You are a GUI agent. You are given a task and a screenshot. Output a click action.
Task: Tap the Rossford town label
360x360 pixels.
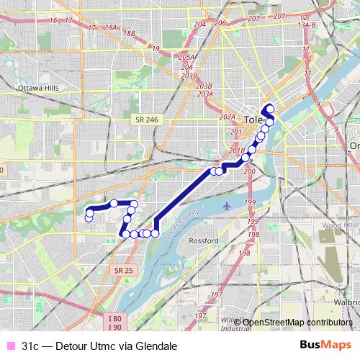point(203,240)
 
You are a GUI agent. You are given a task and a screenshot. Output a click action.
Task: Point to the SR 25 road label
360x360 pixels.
point(123,269)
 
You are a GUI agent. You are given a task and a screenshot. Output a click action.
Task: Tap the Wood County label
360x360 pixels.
point(340,225)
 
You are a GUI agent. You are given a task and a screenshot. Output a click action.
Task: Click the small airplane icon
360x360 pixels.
point(228,206)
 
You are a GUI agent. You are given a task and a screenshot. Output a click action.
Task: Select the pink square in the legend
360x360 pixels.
point(9,346)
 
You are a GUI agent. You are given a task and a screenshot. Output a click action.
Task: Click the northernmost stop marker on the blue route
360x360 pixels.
point(270,109)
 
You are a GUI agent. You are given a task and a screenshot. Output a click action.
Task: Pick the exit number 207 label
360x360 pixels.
point(253,17)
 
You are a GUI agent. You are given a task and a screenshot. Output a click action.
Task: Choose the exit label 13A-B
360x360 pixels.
point(307,25)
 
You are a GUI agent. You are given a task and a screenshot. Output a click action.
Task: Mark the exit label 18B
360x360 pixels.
point(130,33)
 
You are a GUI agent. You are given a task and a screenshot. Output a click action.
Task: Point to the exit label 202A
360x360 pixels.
point(228,117)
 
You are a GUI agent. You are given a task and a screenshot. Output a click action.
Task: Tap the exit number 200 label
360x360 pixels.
point(250,173)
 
